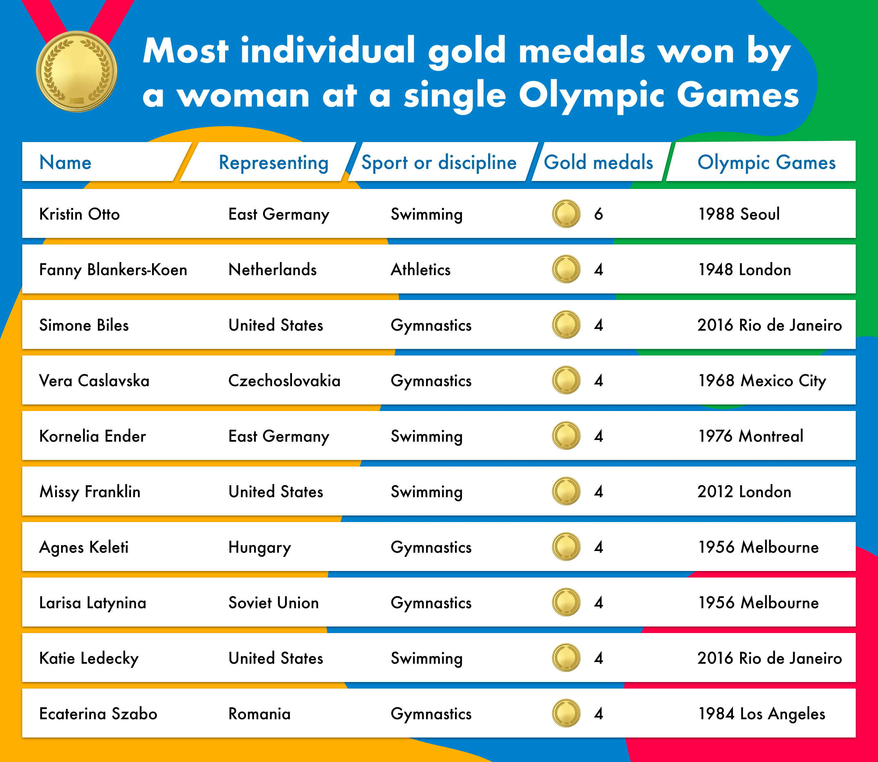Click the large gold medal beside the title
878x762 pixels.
click(77, 71)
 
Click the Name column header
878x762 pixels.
click(65, 162)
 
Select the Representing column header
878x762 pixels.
click(273, 162)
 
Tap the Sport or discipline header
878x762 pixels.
click(439, 162)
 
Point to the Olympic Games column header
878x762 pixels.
click(766, 162)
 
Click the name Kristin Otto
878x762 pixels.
click(80, 214)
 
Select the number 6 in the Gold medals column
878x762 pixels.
click(598, 214)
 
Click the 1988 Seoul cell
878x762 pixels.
click(739, 214)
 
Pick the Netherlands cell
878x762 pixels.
click(273, 270)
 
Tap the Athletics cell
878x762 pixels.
click(421, 270)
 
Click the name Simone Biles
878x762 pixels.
click(84, 325)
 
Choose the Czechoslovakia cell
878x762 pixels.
click(284, 381)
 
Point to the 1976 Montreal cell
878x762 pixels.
click(750, 436)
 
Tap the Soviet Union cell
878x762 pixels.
click(273, 603)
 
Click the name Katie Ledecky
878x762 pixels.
click(89, 658)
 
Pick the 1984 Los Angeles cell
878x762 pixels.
click(761, 713)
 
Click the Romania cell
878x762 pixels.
click(259, 713)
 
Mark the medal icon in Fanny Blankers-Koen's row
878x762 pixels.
click(566, 269)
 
